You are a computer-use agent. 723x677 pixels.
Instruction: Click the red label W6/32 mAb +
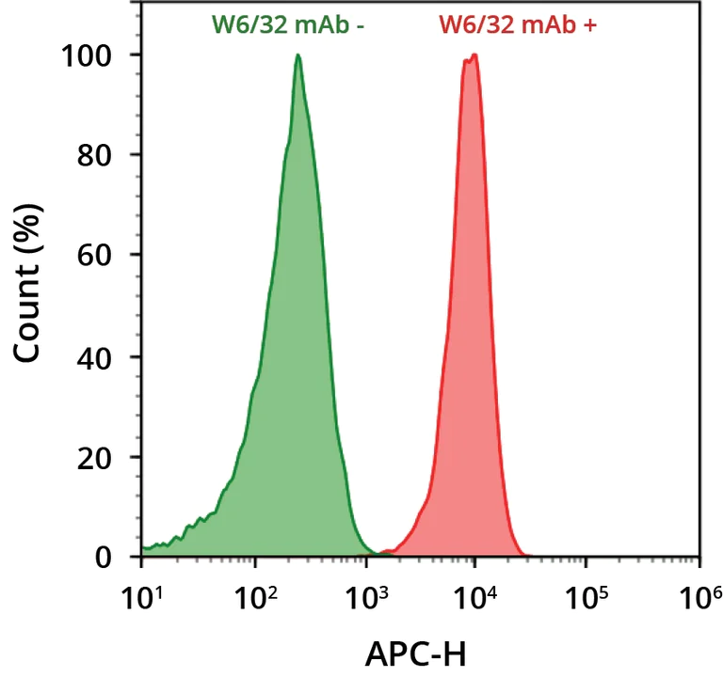519,25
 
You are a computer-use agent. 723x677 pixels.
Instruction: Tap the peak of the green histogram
297,55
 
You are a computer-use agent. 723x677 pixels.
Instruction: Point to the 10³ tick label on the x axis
364,596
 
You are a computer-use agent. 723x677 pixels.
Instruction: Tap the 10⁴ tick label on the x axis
475,596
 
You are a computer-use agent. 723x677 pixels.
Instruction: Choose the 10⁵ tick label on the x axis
587,596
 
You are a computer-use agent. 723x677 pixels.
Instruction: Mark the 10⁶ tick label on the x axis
699,596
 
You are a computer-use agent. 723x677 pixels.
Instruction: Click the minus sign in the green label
361,26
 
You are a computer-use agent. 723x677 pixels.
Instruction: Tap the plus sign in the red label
591,25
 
